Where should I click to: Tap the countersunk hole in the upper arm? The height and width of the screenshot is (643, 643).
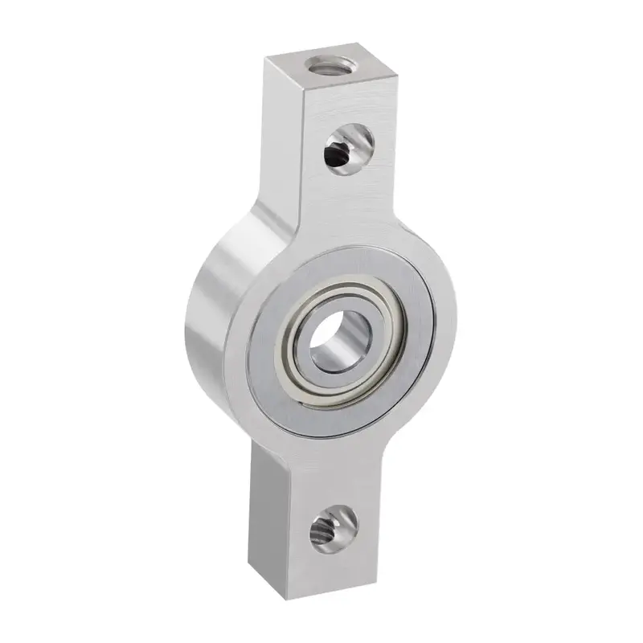pos(347,149)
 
